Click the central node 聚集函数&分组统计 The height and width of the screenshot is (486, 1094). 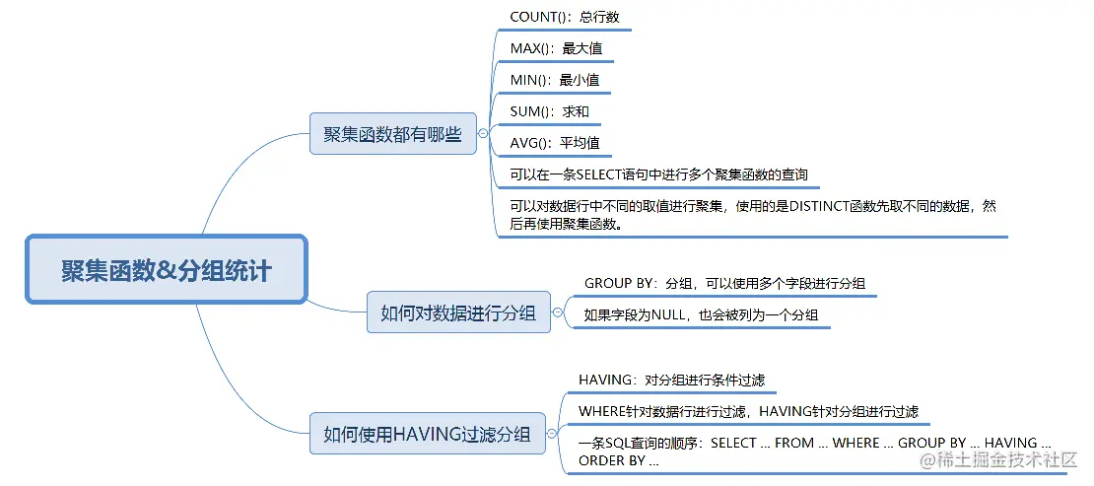pos(166,269)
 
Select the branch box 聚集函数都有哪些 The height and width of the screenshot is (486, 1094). pos(392,133)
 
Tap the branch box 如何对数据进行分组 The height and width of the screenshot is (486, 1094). pos(458,312)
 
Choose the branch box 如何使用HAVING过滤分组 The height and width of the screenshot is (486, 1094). pos(427,433)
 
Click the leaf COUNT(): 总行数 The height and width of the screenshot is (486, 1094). pos(564,17)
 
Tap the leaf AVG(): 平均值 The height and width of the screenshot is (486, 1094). pos(554,143)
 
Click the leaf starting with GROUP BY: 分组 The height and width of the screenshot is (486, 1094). pos(724,283)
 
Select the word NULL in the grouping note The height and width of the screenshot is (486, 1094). pos(671,315)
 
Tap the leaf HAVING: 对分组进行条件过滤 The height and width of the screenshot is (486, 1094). pos(671,380)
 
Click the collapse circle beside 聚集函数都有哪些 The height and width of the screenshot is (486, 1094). pos(483,133)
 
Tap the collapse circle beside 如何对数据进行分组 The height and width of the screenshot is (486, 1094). pos(557,312)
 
